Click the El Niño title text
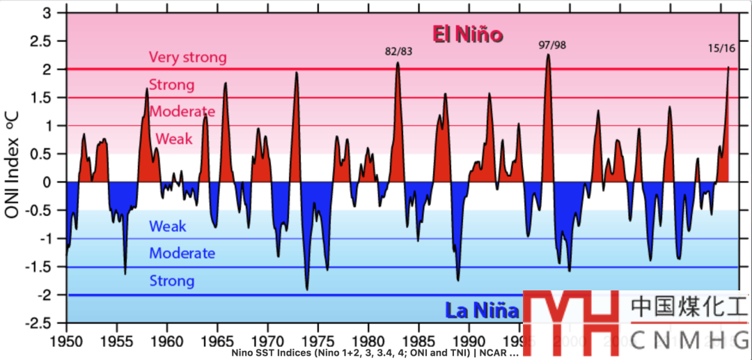coord(467,34)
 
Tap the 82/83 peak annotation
coord(399,52)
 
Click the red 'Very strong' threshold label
coord(188,57)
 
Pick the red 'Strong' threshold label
coord(172,85)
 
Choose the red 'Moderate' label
coord(182,111)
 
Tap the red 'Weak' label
coord(174,139)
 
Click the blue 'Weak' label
coord(168,226)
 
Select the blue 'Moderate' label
coord(182,253)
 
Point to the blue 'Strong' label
coord(172,281)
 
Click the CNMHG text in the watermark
coord(689,341)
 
